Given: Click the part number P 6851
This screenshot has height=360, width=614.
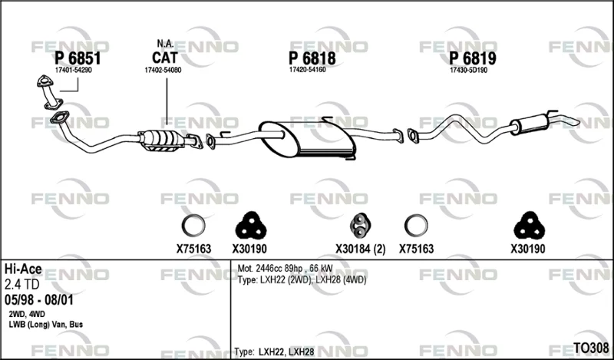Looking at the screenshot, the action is [x=78, y=58].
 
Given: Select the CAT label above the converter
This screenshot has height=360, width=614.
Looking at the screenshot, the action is [x=164, y=58].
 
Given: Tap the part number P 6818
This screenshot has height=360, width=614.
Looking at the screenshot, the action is [x=312, y=58].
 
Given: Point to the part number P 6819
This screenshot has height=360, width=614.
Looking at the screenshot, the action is [x=473, y=58].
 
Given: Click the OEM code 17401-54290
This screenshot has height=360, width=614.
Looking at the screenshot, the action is [x=73, y=71].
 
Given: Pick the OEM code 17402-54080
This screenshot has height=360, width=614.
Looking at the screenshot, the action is [x=163, y=70].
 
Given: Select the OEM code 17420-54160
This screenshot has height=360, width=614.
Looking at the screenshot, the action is [x=308, y=70].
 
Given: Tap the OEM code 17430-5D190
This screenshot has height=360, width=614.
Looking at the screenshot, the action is [x=468, y=71].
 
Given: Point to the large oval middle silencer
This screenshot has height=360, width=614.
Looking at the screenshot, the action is [x=308, y=139].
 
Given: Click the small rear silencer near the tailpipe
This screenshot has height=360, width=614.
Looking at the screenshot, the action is [x=530, y=123].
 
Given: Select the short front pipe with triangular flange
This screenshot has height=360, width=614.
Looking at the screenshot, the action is [x=50, y=92].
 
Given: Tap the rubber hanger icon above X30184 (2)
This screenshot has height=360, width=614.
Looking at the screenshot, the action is [x=360, y=226].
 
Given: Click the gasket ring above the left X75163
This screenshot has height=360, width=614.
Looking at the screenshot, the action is [x=193, y=226].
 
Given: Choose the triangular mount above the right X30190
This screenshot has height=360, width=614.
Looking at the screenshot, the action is [x=530, y=226].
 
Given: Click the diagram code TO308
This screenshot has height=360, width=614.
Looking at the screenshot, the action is [x=591, y=348].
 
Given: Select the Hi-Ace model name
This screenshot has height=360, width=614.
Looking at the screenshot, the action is [x=23, y=269].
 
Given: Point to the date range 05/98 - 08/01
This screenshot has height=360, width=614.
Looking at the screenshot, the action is [x=39, y=300].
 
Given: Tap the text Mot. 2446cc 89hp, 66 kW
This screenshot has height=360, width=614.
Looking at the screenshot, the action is [x=285, y=269].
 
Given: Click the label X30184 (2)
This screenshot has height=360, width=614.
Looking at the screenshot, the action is [x=360, y=249].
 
